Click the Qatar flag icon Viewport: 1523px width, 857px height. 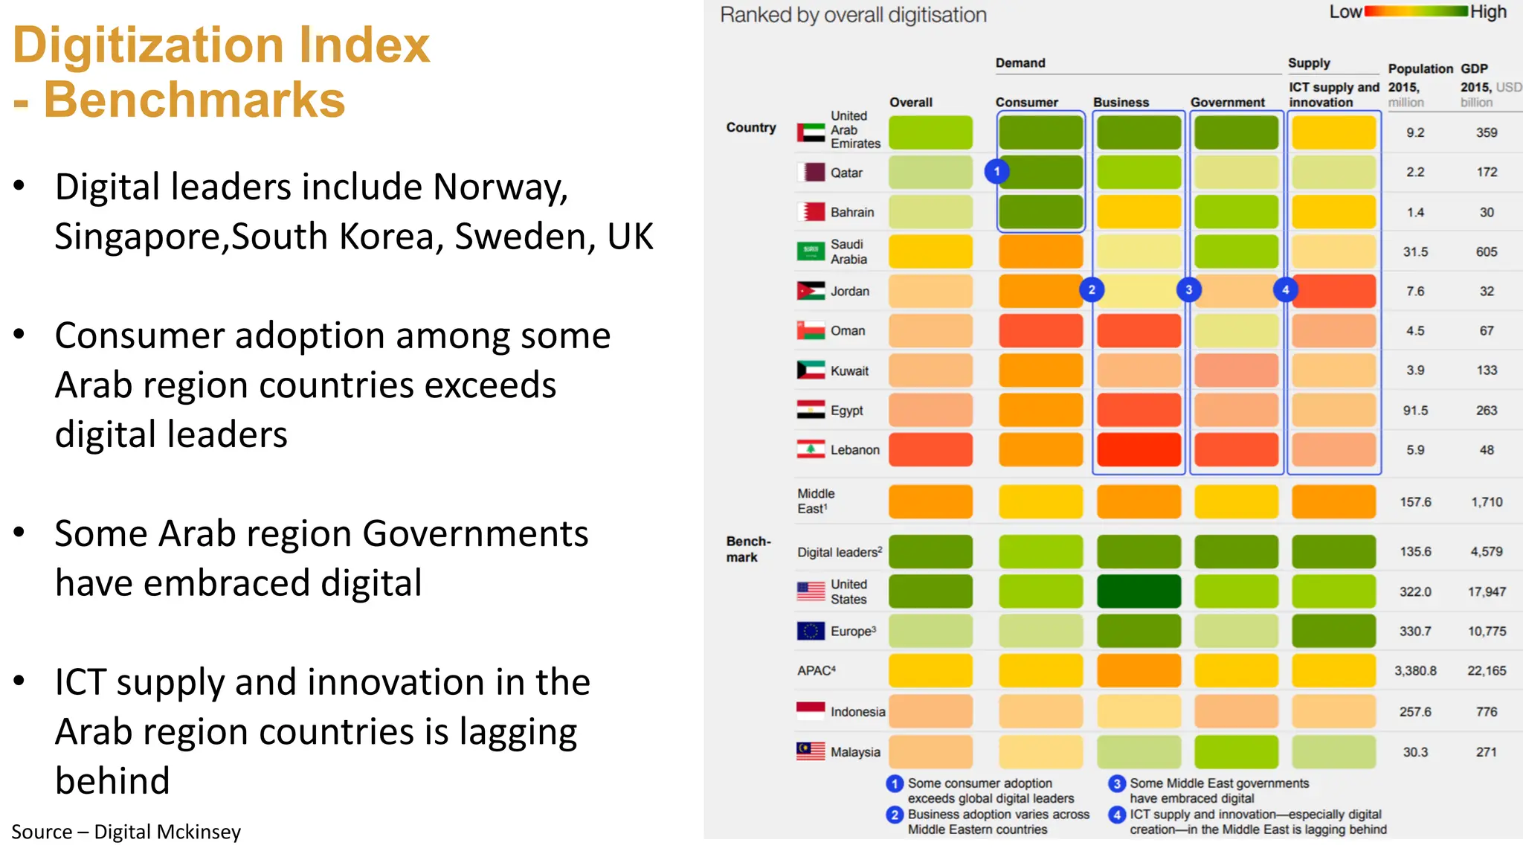[x=811, y=173]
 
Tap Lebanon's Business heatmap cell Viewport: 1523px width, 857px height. [x=1138, y=450]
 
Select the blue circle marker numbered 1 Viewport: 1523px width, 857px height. [x=996, y=172]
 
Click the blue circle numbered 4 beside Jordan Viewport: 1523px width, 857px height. [x=1285, y=290]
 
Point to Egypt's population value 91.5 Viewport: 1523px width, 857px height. [x=1414, y=411]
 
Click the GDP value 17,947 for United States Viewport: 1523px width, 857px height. [x=1486, y=592]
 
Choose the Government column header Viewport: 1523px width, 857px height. [x=1227, y=103]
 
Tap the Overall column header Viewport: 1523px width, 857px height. [x=910, y=103]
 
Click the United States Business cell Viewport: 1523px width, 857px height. [x=1138, y=591]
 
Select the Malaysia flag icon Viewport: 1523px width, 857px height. [x=811, y=751]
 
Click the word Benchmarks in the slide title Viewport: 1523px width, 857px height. [x=195, y=100]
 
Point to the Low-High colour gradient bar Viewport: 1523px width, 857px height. [x=1416, y=11]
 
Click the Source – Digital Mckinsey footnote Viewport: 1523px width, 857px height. [x=126, y=832]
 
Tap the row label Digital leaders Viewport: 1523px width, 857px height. [x=839, y=552]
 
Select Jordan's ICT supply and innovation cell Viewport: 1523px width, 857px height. [x=1334, y=291]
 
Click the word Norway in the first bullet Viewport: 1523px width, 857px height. [x=500, y=187]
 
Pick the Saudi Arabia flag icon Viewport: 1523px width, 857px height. [x=811, y=251]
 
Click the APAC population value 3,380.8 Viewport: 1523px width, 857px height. [x=1414, y=671]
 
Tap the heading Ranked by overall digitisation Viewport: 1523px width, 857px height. [x=853, y=15]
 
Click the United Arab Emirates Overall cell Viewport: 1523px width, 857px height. [x=930, y=132]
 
